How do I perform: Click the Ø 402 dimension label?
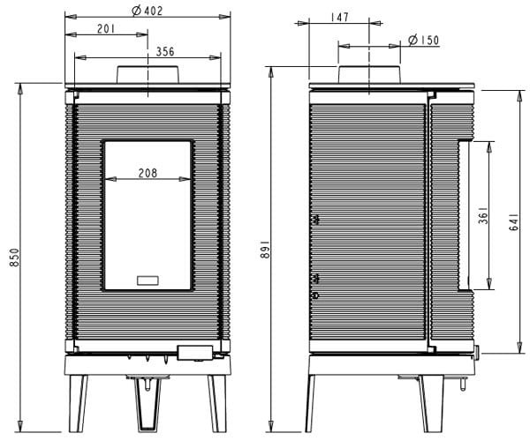[148, 11]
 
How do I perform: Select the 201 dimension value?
[107, 29]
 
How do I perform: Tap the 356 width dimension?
[164, 52]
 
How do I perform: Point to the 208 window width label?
[148, 173]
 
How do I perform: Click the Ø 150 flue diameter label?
[424, 41]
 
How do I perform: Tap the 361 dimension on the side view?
[483, 217]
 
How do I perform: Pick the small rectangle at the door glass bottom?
[148, 280]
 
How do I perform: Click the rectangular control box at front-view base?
[193, 354]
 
